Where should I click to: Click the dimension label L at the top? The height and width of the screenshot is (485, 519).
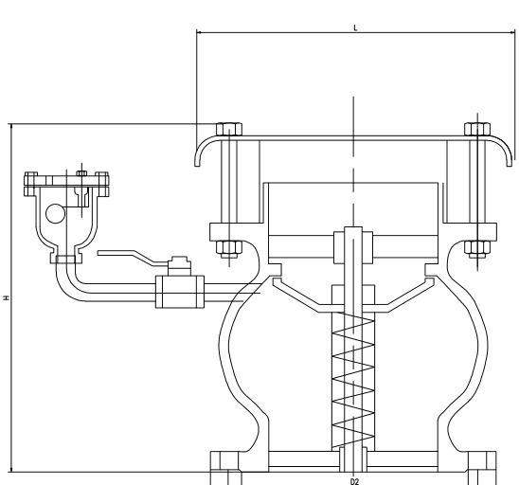pos(355,27)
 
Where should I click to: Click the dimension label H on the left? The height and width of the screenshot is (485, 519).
pos(7,297)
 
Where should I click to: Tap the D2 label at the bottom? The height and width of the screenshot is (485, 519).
pos(354,481)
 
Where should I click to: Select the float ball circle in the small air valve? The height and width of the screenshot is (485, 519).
pos(55,213)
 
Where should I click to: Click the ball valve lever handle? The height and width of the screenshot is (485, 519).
pos(133,257)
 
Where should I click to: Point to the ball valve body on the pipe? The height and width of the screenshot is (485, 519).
pos(180,292)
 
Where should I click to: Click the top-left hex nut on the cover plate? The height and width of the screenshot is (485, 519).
pos(229,129)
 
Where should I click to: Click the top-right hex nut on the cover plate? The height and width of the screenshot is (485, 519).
pos(477,129)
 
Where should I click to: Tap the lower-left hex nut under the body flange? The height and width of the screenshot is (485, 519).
pos(229,249)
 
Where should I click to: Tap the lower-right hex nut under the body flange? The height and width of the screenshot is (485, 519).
pos(477,249)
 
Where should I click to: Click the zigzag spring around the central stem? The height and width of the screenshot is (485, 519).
pos(353,381)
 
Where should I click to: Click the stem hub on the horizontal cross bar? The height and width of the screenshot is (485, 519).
pos(353,245)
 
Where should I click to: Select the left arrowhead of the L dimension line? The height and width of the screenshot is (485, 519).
pos(199,32)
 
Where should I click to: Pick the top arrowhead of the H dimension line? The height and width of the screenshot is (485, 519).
pos(11,127)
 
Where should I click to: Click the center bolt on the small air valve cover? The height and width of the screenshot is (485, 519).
pos(82,173)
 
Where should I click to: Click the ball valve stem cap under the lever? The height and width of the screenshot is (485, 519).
pos(179,265)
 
